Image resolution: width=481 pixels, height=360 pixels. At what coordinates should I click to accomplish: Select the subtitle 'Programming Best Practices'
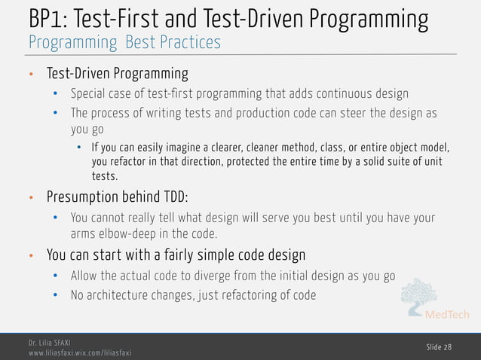pyautogui.click(x=124, y=42)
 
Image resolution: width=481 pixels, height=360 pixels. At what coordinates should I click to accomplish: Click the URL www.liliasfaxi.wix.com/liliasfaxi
pyautogui.click(x=79, y=352)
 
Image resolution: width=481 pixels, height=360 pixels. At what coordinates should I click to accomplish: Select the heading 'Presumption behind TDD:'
pyautogui.click(x=117, y=197)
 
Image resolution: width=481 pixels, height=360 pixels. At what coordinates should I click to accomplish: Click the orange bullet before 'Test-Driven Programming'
pyautogui.click(x=31, y=75)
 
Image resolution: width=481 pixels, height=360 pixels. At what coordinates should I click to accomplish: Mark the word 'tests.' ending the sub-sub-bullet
pyautogui.click(x=104, y=177)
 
